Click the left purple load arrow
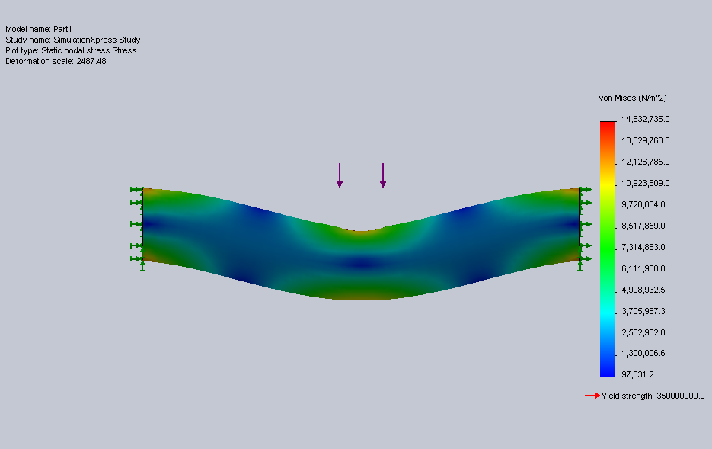[339, 175]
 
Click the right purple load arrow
[383, 175]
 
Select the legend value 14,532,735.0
[645, 119]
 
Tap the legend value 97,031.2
[637, 374]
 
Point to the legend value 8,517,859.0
[643, 226]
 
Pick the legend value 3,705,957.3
[643, 311]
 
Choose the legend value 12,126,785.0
[645, 162]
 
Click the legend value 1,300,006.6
[643, 353]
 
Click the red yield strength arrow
[592, 396]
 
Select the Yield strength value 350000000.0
[681, 396]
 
